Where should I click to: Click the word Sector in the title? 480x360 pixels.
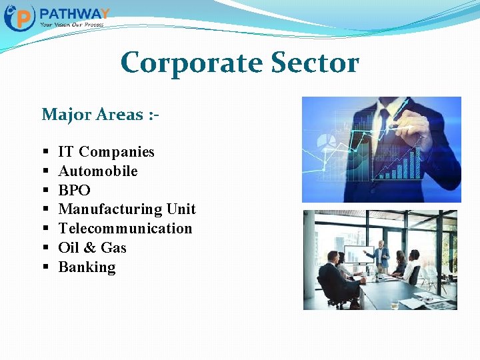point(315,63)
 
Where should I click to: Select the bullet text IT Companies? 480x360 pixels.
point(106,152)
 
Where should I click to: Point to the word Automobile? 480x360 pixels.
point(98,171)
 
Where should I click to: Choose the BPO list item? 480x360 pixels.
point(75,191)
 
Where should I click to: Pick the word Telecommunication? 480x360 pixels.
point(125,229)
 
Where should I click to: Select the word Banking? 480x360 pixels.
point(87,267)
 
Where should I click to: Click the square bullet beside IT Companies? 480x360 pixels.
point(45,153)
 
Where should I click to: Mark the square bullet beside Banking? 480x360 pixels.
point(45,268)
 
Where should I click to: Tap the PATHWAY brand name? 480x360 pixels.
point(75,14)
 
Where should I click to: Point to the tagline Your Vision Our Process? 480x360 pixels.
point(71,25)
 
